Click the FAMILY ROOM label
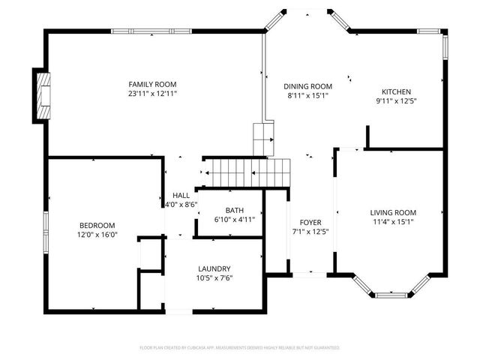tap(152, 84)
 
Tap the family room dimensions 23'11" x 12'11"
tap(152, 94)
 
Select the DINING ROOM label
tap(307, 86)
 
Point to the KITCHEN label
tap(396, 91)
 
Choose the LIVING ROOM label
tap(393, 212)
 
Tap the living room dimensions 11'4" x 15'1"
tap(393, 222)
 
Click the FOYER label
tap(310, 223)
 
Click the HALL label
tap(181, 195)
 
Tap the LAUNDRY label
tap(214, 269)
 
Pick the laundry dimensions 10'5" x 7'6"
tap(214, 279)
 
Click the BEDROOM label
tap(97, 225)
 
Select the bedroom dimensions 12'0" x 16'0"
tap(97, 235)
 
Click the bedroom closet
tap(151, 253)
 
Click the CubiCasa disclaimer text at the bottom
tap(240, 348)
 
